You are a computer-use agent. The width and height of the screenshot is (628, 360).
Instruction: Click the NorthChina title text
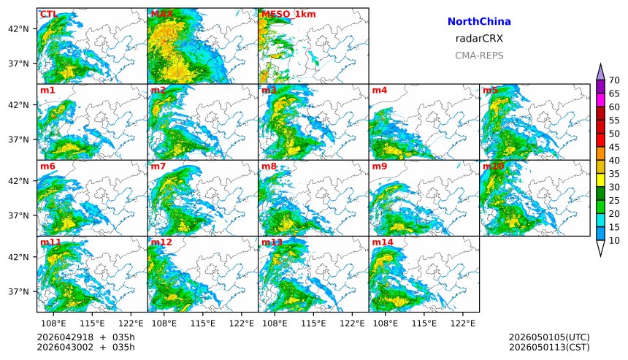tap(479, 22)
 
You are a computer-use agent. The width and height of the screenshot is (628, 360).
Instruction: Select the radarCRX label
tap(479, 39)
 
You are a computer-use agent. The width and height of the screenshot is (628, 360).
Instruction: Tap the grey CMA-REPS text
tap(479, 55)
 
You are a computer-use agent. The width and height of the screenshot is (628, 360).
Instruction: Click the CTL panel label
tap(48, 14)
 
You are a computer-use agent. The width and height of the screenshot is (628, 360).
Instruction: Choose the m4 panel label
tap(380, 90)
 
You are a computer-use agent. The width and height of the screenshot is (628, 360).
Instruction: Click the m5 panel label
tap(490, 90)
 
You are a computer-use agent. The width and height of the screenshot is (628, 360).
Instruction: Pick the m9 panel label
tap(380, 166)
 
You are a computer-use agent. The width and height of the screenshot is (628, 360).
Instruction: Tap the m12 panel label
tap(161, 242)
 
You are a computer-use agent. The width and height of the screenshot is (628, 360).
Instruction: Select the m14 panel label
tap(383, 242)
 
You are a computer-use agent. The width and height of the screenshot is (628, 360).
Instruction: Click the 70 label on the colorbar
tap(614, 80)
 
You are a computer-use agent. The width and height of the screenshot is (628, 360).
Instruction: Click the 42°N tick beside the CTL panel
tap(18, 29)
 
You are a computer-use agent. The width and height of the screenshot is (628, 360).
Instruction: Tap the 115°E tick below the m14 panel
tap(424, 323)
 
